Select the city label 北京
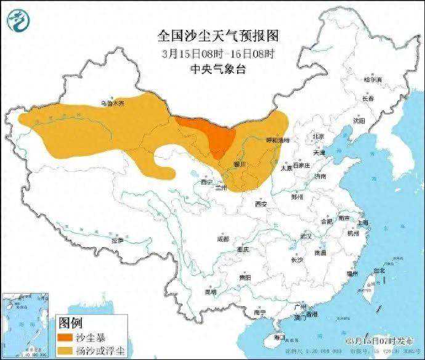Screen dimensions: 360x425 (x=318, y=137)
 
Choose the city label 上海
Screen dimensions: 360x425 (x=363, y=223)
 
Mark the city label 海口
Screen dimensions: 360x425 (x=280, y=337)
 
